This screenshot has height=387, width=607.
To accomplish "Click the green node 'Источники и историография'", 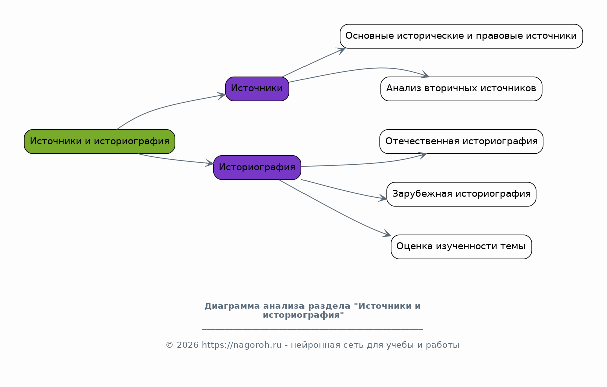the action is coord(100,141).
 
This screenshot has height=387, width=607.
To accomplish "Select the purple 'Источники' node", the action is coord(257,89).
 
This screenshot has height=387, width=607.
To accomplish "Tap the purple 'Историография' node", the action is coord(257,167).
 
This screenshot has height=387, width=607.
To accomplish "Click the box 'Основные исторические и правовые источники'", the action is coord(461,36).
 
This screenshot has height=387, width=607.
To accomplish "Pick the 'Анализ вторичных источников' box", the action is coord(461,89).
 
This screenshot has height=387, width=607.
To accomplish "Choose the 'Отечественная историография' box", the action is coord(461,141).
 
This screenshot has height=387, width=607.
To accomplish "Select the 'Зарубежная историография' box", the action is coord(461,194).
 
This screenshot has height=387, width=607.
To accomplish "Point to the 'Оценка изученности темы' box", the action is coord(461,247).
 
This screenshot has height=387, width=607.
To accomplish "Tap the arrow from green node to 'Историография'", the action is coord(176,160).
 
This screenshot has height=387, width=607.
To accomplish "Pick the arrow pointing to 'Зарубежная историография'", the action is coord(344,190).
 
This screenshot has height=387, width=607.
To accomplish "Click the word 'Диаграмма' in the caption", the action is coord(232,306).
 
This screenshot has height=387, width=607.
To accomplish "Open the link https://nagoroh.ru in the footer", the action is coord(242,345).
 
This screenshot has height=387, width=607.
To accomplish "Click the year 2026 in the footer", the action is coord(187,345).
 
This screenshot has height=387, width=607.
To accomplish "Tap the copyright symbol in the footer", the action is coord(169,345).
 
